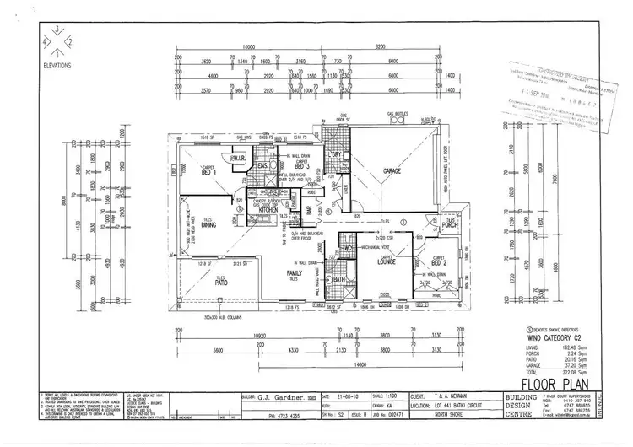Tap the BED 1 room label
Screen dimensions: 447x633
click(206, 173)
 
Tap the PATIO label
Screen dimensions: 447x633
click(219, 281)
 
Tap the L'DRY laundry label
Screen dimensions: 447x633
click(335, 154)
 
